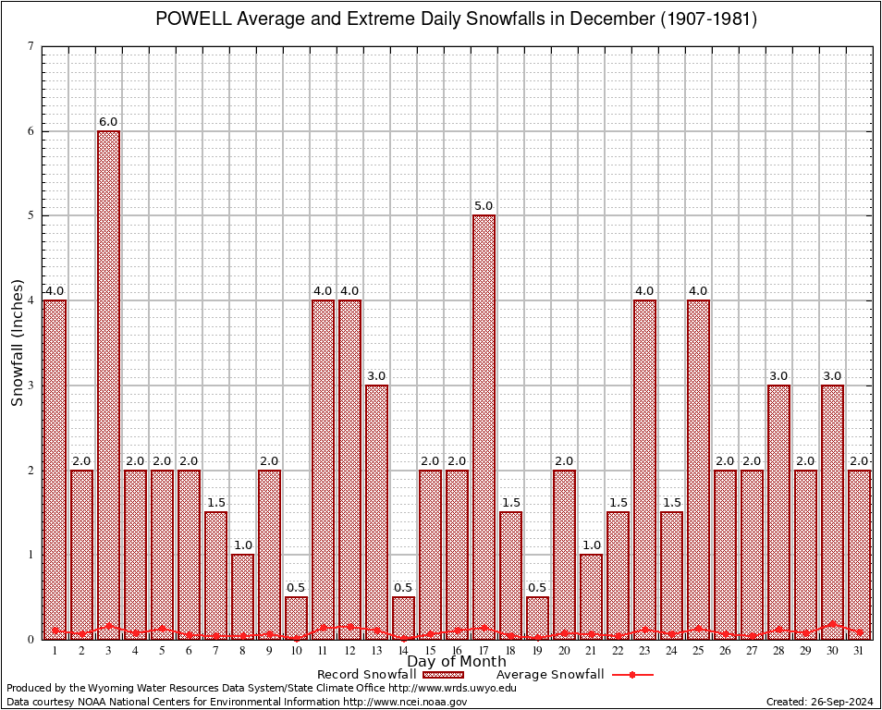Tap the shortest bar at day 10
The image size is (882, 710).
tap(296, 618)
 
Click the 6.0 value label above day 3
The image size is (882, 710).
tap(108, 122)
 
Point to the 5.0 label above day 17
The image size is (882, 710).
tap(484, 206)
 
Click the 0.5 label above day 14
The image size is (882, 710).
tap(403, 588)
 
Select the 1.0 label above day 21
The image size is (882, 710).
tap(591, 545)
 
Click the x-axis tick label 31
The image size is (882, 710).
tap(859, 651)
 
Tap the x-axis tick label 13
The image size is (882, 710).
tap(376, 651)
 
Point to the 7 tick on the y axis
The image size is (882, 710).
tap(31, 46)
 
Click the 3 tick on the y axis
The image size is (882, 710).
tap(31, 386)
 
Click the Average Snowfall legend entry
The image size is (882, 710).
tap(573, 675)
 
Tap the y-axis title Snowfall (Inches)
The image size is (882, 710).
tap(17, 342)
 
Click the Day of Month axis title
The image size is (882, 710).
tap(457, 662)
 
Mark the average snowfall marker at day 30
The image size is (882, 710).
tap(832, 624)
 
